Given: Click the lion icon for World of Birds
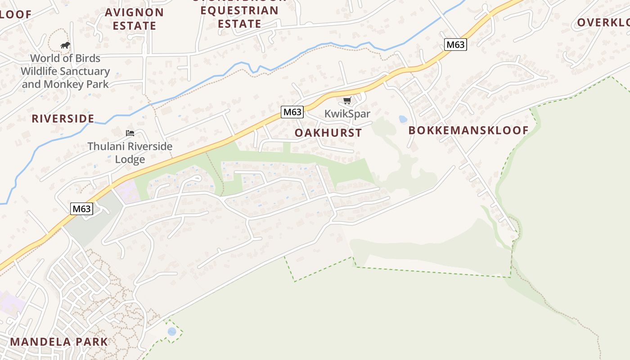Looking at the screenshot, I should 65,45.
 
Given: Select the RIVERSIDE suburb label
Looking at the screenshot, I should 63,119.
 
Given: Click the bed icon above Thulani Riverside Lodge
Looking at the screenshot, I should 130,133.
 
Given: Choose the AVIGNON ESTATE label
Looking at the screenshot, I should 135,19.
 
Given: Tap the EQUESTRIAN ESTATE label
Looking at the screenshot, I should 239,17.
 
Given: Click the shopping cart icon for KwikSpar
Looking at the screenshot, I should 346,100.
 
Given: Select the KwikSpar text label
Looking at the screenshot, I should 347,113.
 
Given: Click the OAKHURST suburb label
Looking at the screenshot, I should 328,133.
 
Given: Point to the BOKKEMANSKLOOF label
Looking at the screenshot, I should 468,130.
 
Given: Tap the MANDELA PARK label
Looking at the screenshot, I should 59,342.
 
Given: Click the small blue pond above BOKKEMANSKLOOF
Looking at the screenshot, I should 403,119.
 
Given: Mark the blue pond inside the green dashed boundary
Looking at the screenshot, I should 172,332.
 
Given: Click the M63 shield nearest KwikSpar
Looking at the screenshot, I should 292,112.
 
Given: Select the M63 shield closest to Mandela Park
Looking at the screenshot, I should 82,209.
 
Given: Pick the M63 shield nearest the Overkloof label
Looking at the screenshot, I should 455,45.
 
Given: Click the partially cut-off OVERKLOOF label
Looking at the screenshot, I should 603,22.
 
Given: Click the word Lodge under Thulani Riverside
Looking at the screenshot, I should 130,159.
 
